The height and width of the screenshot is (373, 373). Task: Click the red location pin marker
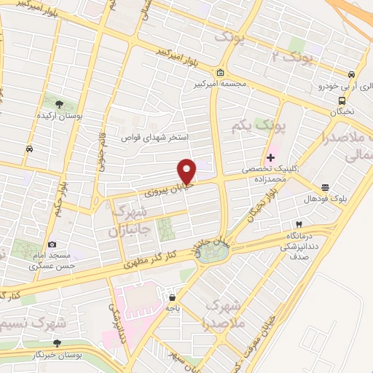[x=187, y=170]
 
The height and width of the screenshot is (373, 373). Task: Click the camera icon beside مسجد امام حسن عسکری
[x=51, y=245]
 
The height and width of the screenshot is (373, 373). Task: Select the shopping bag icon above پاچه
[x=172, y=297]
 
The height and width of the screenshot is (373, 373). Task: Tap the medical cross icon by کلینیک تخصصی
[x=270, y=157]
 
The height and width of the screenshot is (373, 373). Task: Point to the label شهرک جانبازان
[x=132, y=221]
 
